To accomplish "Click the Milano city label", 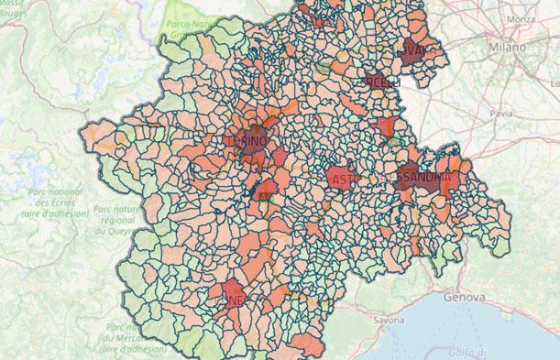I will tap(507, 47).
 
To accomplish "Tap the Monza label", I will tap(521, 18).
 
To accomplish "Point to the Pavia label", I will tap(501, 114).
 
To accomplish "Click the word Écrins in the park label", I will tap(62, 202).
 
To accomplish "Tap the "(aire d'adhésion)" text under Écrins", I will tap(54, 213).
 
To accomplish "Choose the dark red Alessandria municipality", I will tap(423, 176).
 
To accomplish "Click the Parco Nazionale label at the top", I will tap(189, 24).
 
